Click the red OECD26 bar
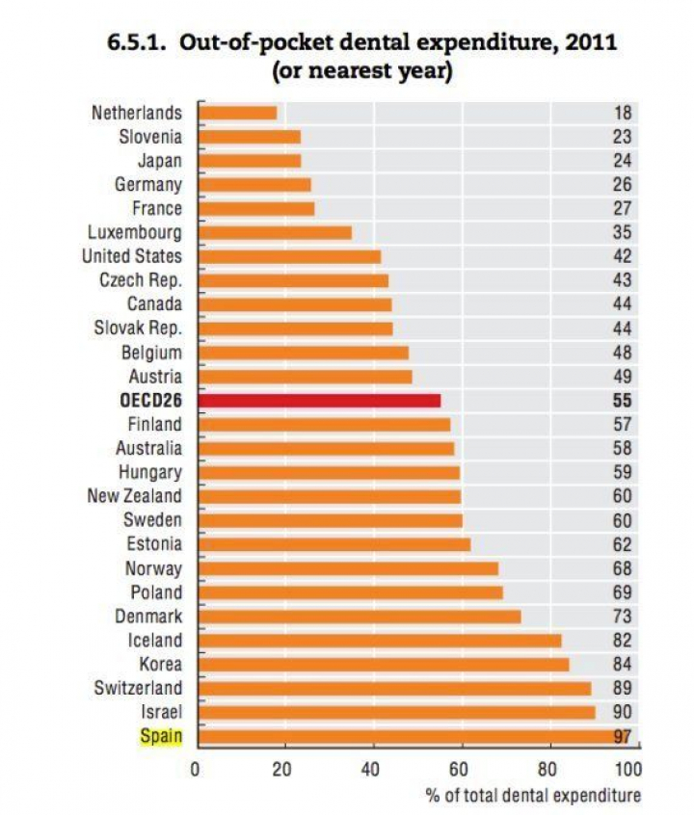coord(319,400)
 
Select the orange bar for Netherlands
coord(237,113)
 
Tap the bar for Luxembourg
coord(275,232)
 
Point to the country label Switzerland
coord(138,688)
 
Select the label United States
coord(131,256)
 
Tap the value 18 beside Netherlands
coord(623,113)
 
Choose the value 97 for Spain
coord(623,737)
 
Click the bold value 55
coord(623,400)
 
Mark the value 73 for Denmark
coord(623,617)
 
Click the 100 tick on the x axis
coord(627,770)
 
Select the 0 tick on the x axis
coord(195,770)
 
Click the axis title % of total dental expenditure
coord(533,795)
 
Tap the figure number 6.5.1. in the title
coord(145,43)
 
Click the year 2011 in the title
coord(583,43)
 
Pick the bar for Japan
coord(250,161)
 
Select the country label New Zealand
coord(133,496)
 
